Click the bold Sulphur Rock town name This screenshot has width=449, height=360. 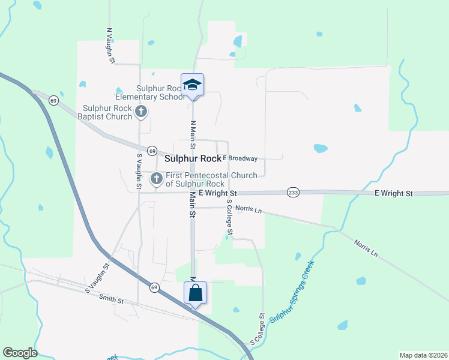tap(193, 159)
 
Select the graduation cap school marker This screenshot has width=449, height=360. tap(193, 85)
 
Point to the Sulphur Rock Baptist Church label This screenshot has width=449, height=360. tap(107, 112)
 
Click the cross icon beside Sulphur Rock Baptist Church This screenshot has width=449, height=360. tap(141, 111)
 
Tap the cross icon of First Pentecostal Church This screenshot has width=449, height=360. tap(157, 178)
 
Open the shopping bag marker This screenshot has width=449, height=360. tap(195, 293)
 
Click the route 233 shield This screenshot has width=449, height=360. tap(293, 192)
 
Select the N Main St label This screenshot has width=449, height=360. tap(193, 135)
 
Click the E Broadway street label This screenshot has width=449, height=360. tap(240, 158)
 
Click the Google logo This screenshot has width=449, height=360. tap(20, 353)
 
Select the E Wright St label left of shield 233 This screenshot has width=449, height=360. tap(218, 193)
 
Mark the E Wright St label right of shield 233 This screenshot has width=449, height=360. tap(394, 193)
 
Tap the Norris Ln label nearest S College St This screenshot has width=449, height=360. tap(249, 209)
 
